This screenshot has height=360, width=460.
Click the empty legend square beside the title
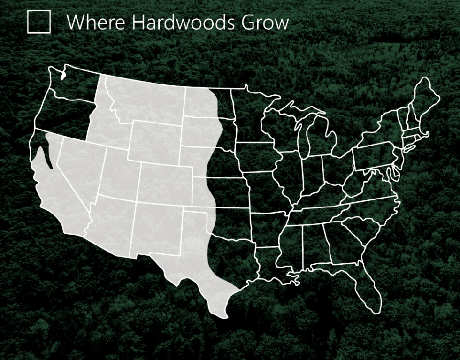38,22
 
